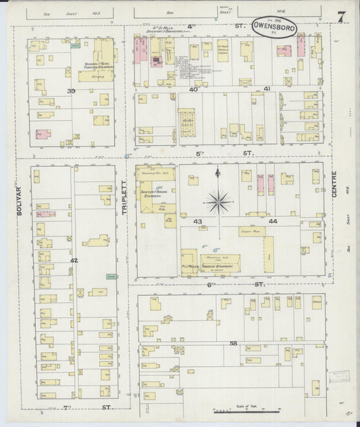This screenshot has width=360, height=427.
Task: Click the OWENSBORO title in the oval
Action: point(274,28)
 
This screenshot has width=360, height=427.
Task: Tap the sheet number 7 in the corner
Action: point(342,17)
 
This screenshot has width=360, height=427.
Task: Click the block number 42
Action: point(74,259)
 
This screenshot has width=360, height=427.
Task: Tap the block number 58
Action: point(233,343)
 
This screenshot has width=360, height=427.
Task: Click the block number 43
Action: point(197,221)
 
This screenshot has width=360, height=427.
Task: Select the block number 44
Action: point(273,221)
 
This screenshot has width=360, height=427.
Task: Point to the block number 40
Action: point(193,89)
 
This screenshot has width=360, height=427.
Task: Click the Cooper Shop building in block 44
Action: point(251,231)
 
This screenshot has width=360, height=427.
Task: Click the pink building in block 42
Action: point(46,214)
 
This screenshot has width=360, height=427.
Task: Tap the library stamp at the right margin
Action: point(336,378)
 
